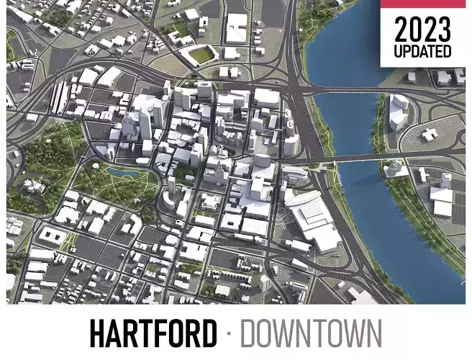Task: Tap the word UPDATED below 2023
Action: tap(422, 52)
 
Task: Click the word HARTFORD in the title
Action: tap(153, 333)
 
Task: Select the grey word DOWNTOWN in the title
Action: tap(311, 333)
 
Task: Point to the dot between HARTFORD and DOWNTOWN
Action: tap(228, 333)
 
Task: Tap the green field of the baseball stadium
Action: tap(202, 55)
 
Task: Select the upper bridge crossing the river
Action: tap(360, 92)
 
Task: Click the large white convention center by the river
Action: tap(309, 216)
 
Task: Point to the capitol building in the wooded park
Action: tap(32, 186)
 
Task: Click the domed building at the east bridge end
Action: tap(393, 168)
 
